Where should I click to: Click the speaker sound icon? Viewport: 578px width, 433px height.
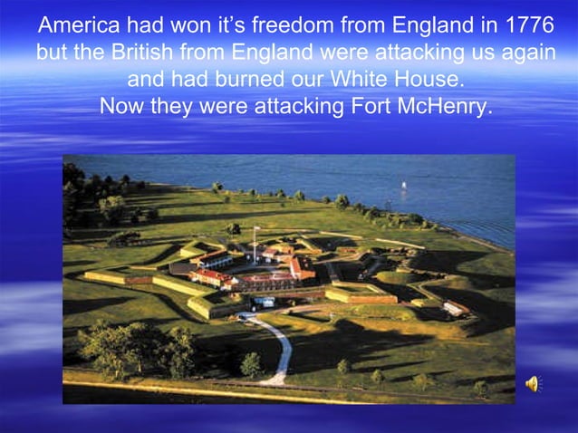tap(532, 384)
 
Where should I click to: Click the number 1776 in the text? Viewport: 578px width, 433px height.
tap(527, 24)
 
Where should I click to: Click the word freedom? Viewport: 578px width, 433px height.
tap(307, 24)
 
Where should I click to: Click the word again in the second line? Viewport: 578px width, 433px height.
tap(522, 52)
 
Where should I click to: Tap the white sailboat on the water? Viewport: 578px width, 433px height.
tap(403, 188)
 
